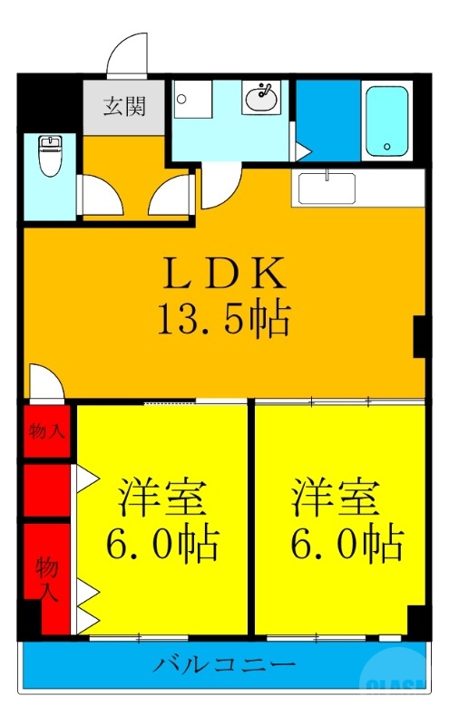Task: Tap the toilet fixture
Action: click(x=49, y=158)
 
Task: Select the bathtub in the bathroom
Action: click(x=387, y=121)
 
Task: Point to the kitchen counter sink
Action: click(x=327, y=188)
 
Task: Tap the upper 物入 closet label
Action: click(x=46, y=431)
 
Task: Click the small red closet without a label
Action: click(x=46, y=490)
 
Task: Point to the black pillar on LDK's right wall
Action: click(x=421, y=336)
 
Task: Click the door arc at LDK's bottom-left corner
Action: click(x=45, y=382)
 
